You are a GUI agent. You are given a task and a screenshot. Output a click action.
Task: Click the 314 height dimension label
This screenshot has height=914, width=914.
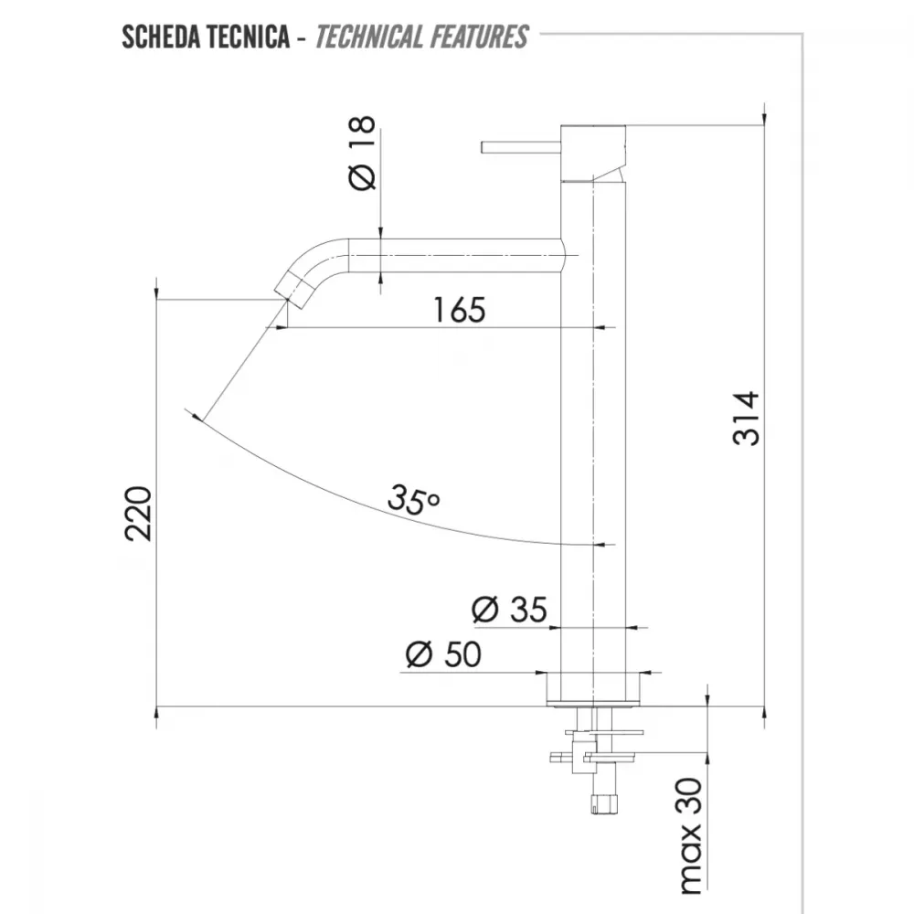(x=746, y=419)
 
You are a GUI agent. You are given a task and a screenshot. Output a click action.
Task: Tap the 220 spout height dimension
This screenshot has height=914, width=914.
(x=138, y=513)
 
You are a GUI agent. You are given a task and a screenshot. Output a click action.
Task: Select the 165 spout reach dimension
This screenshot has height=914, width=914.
(x=460, y=310)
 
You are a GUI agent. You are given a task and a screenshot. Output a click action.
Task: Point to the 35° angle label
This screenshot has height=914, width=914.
(x=413, y=500)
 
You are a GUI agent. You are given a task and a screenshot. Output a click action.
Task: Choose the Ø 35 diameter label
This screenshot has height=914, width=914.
(x=509, y=610)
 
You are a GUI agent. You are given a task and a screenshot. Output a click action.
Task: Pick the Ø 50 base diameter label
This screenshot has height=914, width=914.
(x=443, y=654)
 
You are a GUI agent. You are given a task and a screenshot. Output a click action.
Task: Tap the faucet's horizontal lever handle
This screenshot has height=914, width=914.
(x=521, y=147)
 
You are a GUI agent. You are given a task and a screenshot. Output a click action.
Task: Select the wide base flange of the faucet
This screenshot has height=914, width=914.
(x=593, y=688)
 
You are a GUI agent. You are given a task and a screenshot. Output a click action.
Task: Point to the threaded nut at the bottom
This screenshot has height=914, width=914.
(x=605, y=803)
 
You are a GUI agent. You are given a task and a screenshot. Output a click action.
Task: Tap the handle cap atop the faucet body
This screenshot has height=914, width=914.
(x=593, y=153)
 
